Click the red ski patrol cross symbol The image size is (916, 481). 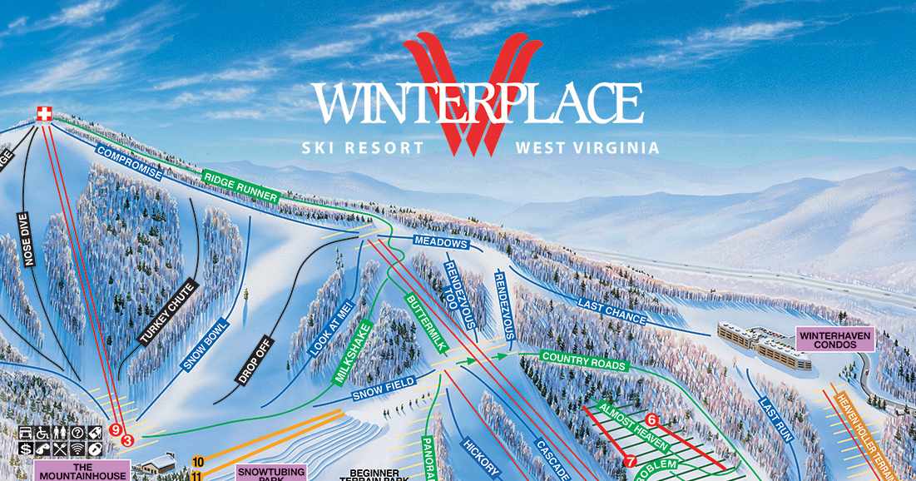42,113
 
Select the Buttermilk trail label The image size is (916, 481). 425,325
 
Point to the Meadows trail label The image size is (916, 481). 442,243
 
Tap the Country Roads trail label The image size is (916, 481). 584,361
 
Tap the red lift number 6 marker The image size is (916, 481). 651,419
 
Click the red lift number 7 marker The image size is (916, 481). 630,460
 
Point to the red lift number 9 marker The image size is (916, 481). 115,429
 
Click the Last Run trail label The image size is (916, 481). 775,418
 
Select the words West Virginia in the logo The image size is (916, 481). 587,148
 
